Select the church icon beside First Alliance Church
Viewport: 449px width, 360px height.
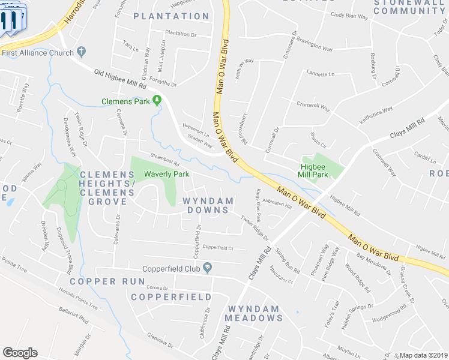(82, 52)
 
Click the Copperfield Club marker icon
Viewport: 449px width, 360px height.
(207, 268)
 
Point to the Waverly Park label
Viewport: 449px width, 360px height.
(166, 174)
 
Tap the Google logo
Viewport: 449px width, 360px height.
(20, 353)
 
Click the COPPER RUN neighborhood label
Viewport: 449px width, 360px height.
(107, 281)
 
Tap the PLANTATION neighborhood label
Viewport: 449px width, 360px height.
(171, 16)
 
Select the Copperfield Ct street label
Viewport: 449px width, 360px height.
(217, 247)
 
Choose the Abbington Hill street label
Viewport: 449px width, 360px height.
(276, 205)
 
